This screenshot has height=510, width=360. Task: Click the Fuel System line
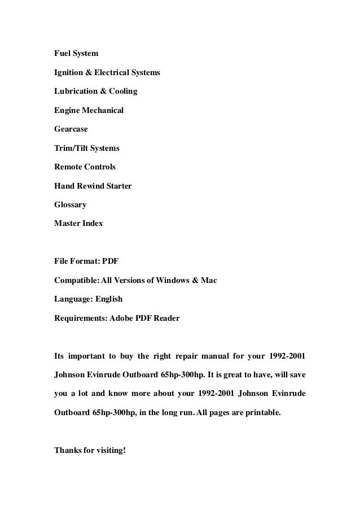[x=76, y=54]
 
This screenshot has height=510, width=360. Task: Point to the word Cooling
[x=122, y=91]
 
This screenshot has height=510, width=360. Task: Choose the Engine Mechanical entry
[x=89, y=111]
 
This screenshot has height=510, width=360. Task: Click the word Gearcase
[x=71, y=129]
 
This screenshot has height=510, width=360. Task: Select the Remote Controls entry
[x=85, y=167]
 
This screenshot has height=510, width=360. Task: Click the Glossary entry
[x=71, y=205]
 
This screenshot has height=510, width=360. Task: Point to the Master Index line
[x=78, y=224]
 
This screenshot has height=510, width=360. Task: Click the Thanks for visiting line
[x=89, y=451]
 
